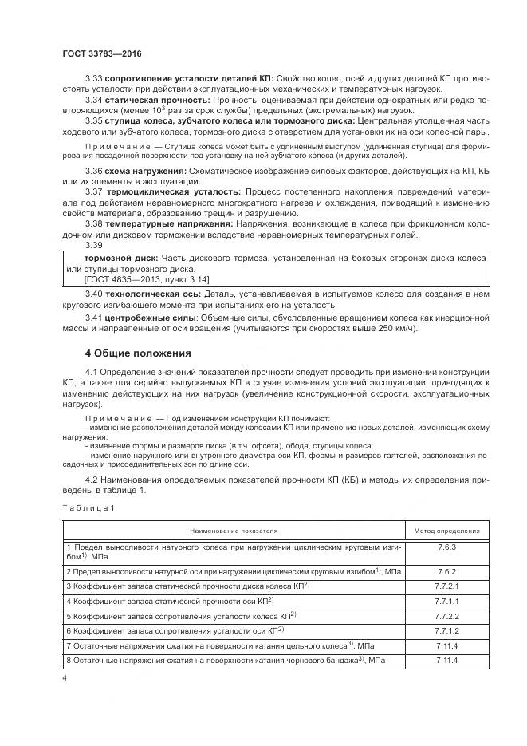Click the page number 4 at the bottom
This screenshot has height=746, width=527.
pyautogui.click(x=65, y=677)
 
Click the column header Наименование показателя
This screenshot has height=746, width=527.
pyautogui.click(x=234, y=529)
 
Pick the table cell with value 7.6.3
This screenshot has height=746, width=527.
pyautogui.click(x=446, y=549)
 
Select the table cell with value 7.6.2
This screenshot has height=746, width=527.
pyautogui.click(x=446, y=572)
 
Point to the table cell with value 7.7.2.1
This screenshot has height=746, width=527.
pyautogui.click(x=446, y=586)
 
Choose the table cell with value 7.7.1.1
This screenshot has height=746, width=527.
pyautogui.click(x=446, y=601)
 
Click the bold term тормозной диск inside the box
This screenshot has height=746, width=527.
pyautogui.click(x=120, y=258)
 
